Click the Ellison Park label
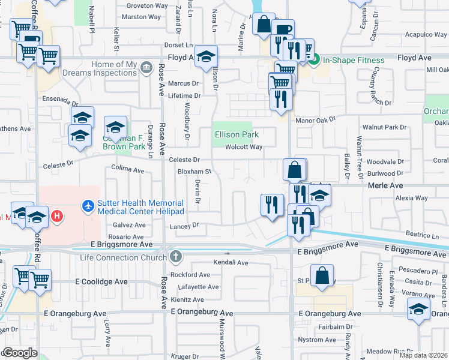pos(237,135)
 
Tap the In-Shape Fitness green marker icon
pos(316,59)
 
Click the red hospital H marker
pos(57,215)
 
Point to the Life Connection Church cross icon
pos(176,257)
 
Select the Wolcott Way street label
pos(244,147)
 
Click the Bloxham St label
pos(194,171)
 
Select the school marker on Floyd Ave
pos(206,57)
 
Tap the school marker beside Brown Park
pos(115,127)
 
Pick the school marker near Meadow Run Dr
pos(418,310)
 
